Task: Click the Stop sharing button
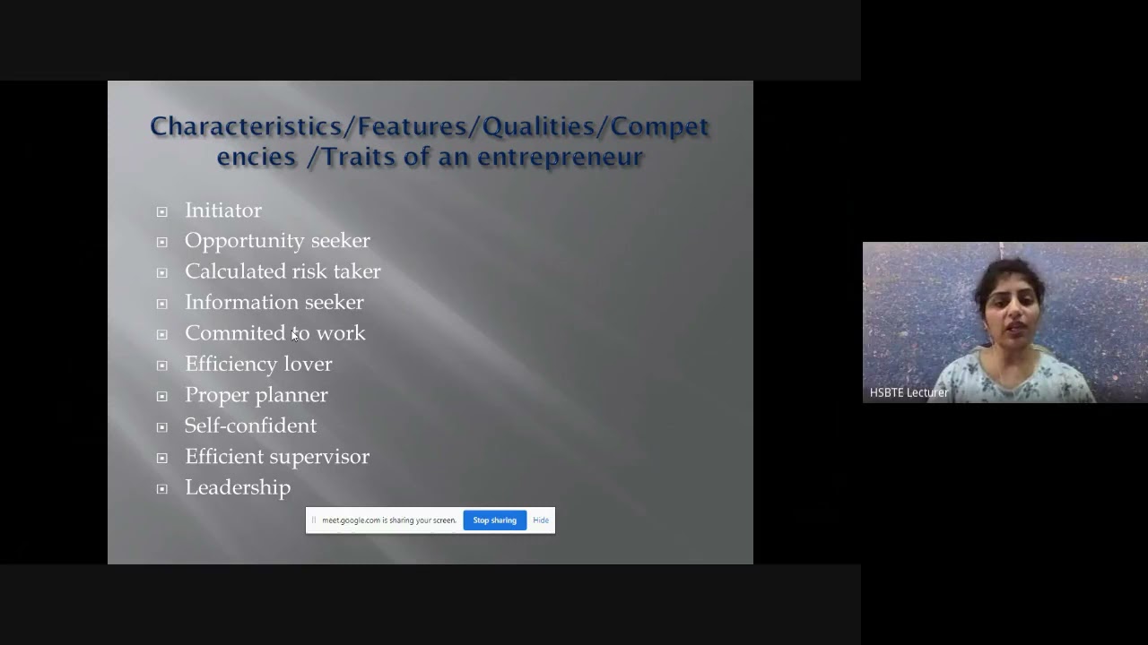[494, 520]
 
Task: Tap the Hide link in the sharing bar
[541, 520]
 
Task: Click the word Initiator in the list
[223, 211]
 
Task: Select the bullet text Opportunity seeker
[277, 241]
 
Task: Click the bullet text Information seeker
[274, 303]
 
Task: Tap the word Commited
[235, 333]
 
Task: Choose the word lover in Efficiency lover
[308, 365]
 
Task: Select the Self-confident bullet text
[250, 426]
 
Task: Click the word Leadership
[238, 487]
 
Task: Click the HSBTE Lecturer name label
[909, 392]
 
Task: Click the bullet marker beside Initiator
[161, 211]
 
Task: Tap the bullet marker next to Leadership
[161, 488]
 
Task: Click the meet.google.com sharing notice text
[388, 520]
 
